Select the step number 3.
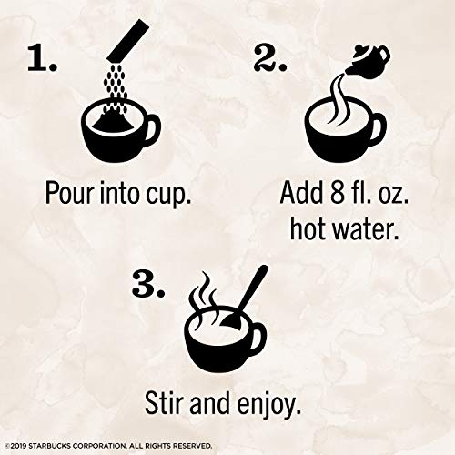click(x=148, y=283)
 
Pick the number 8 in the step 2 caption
click(x=337, y=193)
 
